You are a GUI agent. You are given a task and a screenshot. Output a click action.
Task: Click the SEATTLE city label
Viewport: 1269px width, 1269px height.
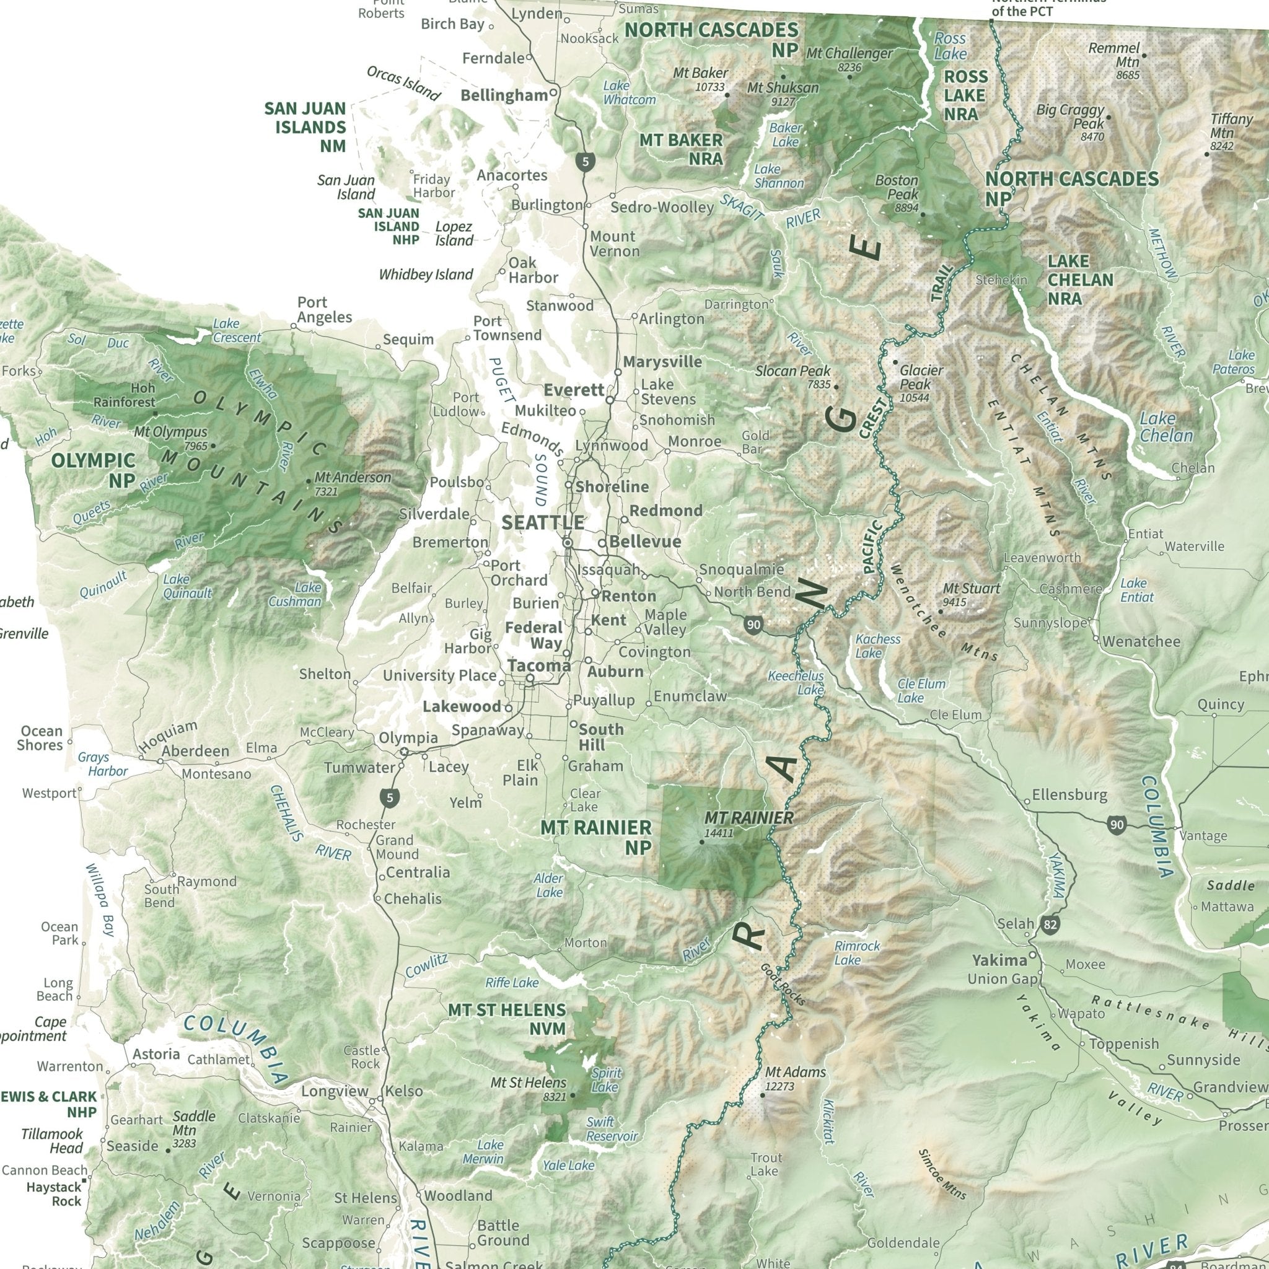[543, 523]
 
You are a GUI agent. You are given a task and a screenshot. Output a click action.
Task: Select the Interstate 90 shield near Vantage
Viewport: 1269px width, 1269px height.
[1116, 825]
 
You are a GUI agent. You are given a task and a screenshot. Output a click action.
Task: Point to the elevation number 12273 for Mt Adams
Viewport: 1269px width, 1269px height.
[779, 1086]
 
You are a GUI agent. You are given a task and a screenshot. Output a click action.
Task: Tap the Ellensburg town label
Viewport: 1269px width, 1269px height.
[1069, 795]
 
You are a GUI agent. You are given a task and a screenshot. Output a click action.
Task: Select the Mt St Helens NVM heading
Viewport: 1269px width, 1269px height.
[506, 1019]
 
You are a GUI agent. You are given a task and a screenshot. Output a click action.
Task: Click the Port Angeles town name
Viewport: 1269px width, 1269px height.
[325, 309]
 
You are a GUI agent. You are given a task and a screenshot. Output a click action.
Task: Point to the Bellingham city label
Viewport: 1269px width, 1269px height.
[504, 95]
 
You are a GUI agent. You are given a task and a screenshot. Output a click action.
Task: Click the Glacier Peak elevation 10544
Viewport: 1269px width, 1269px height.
[915, 397]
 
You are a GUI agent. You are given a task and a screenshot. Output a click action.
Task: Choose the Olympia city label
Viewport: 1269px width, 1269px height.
[408, 737]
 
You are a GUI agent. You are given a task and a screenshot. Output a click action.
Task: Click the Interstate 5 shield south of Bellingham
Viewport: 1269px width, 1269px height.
[584, 160]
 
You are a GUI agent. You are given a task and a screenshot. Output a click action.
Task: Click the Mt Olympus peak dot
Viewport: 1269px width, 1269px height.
[213, 446]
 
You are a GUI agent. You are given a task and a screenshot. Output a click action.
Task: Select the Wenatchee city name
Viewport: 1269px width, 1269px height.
[1141, 641]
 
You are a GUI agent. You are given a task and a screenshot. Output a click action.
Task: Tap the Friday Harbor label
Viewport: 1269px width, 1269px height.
[433, 186]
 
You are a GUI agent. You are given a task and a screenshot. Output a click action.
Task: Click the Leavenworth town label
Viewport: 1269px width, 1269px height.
[1042, 558]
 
